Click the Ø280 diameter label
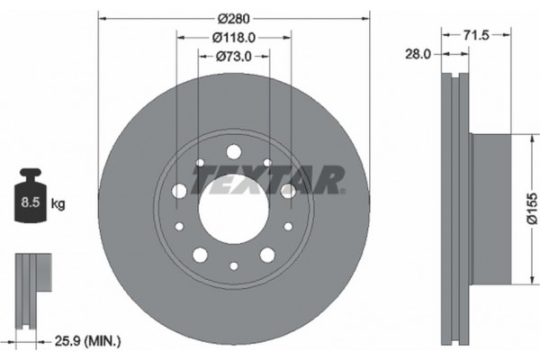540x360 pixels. [233, 18]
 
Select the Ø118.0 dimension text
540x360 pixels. [234, 38]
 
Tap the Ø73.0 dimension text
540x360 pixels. [234, 56]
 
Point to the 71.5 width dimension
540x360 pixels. [476, 35]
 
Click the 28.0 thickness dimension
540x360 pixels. [418, 54]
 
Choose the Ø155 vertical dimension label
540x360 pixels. [532, 209]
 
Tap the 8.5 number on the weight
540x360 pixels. [31, 202]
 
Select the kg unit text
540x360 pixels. [58, 204]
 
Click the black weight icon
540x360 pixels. [31, 195]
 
